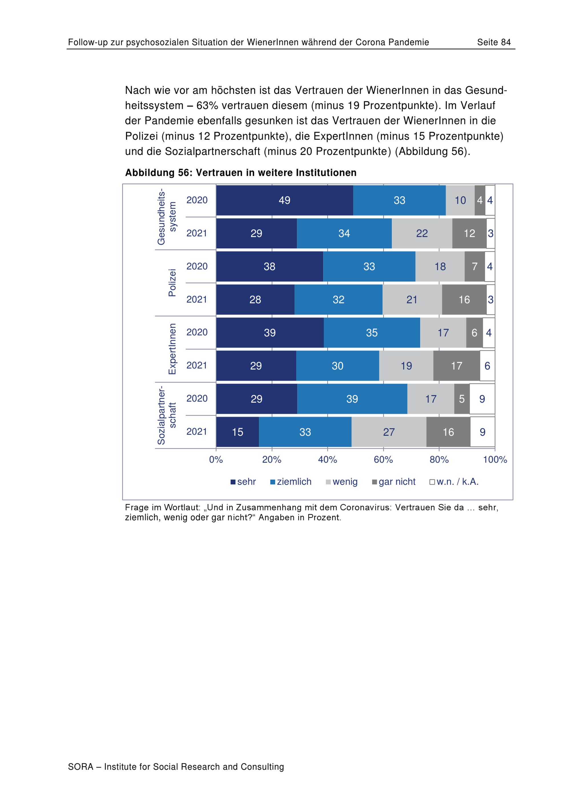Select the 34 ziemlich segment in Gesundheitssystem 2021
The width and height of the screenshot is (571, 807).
344,233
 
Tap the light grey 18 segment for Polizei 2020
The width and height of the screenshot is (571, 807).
440,267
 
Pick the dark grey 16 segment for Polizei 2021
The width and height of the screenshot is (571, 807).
464,299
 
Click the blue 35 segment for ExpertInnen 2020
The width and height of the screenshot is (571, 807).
372,332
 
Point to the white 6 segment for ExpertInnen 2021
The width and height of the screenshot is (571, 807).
487,366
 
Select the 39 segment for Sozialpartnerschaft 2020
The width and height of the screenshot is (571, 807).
352,399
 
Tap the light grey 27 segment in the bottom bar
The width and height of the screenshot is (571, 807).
389,432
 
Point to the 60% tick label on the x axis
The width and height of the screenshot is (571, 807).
383,459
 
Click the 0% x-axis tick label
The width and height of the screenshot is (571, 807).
216,459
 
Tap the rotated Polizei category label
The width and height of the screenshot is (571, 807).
172,283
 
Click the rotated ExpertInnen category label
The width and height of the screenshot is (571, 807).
172,349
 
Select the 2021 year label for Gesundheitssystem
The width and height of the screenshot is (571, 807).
197,233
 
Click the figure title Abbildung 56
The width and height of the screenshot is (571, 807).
241,173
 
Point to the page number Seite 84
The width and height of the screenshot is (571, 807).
494,42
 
